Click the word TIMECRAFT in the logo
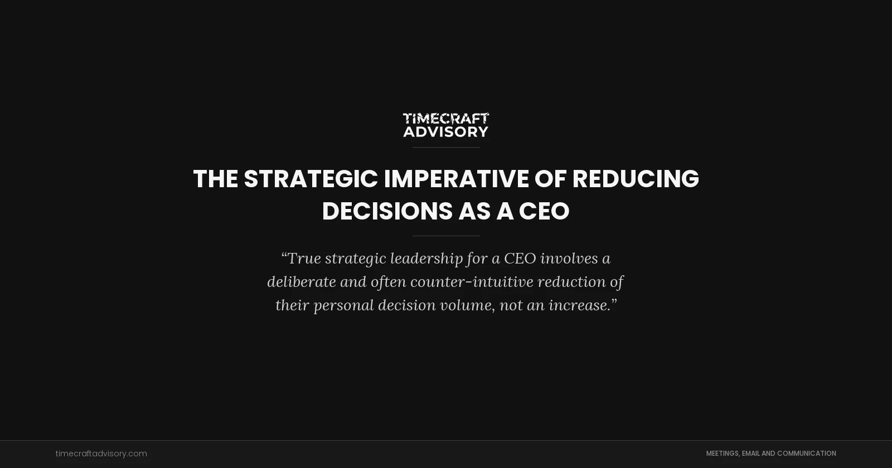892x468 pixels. point(446,118)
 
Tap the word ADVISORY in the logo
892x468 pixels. point(446,131)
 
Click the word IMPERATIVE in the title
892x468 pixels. point(456,179)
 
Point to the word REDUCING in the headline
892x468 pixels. point(636,179)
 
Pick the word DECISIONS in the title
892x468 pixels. point(387,212)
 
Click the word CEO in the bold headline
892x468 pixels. point(544,212)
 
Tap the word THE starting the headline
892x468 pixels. point(215,179)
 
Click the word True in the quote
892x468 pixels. point(304,259)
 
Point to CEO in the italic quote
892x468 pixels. point(520,259)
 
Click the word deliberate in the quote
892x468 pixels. point(301,282)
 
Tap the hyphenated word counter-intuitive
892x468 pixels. point(472,282)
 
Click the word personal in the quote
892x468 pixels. point(343,305)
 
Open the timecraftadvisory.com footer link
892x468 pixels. point(101,454)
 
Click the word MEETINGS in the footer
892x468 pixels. point(722,454)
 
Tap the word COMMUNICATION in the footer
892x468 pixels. point(806,454)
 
